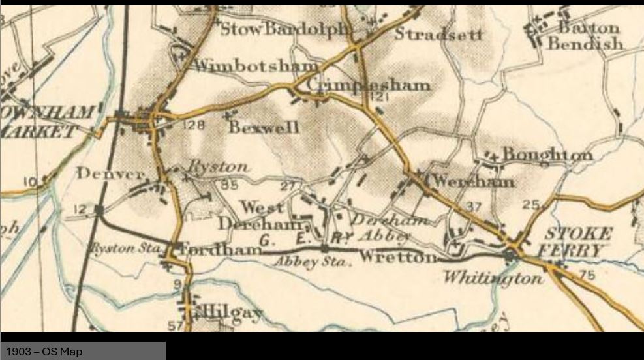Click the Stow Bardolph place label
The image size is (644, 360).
pos(286,29)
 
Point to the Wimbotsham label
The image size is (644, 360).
pos(256,66)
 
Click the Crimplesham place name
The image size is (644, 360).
pos(368,85)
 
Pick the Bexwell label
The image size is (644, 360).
pos(264,127)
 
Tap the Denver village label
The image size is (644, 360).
pos(110,173)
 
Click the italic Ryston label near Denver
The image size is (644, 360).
pos(218,167)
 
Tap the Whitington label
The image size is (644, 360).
pos(493,278)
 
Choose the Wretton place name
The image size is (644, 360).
pos(397,257)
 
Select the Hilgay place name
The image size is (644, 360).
pos(228,314)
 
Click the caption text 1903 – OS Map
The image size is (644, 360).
pos(44,352)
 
